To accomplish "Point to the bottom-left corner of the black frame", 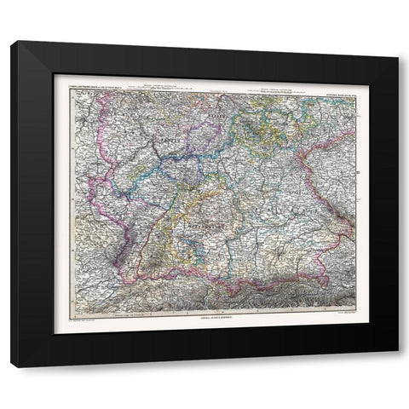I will point(12,367).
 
